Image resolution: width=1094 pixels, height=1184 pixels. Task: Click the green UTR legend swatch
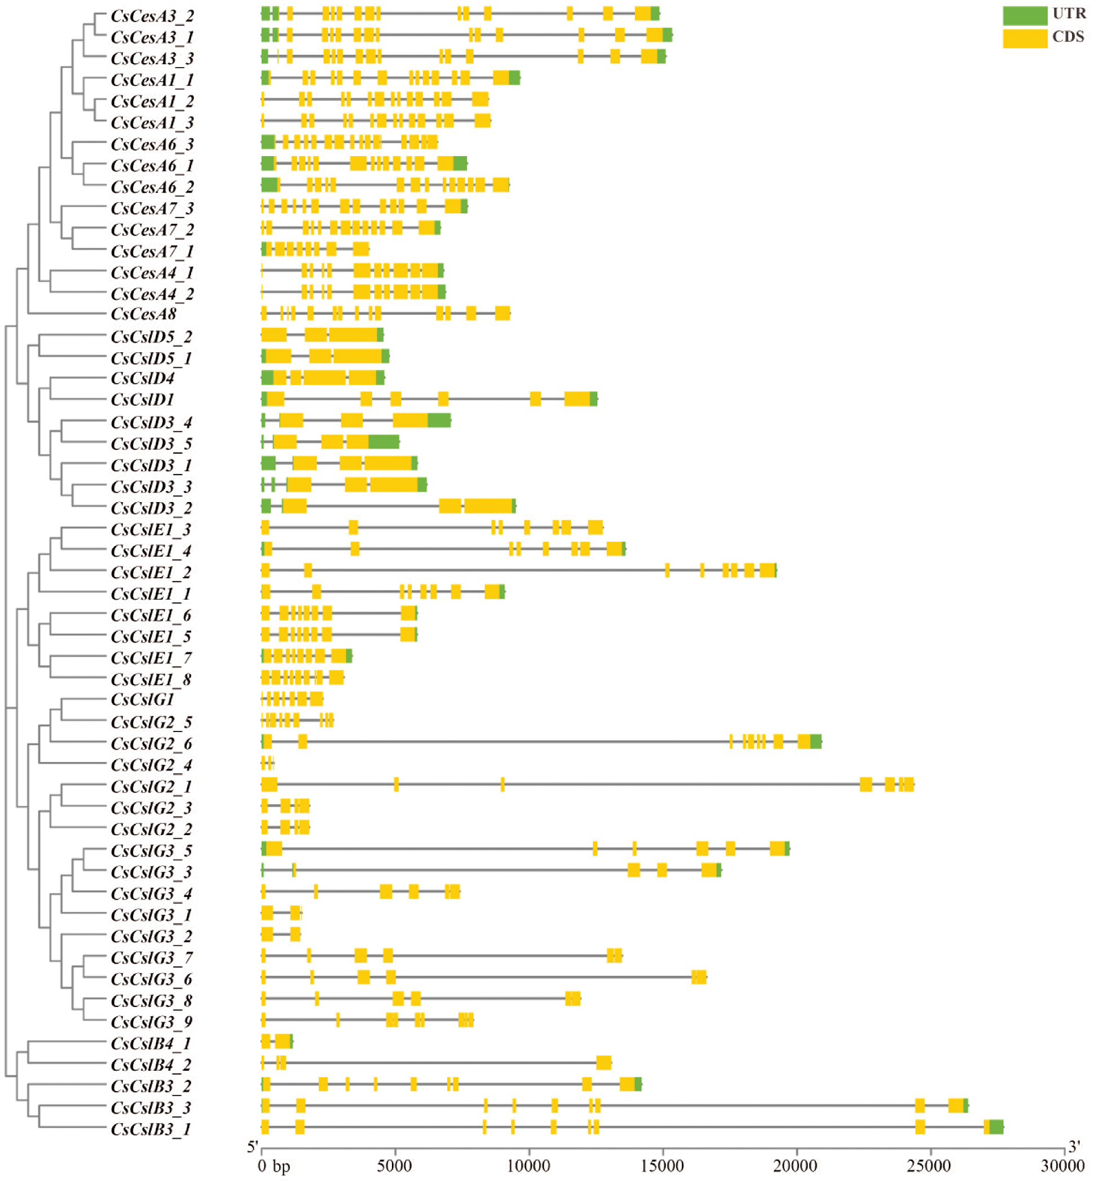(1025, 15)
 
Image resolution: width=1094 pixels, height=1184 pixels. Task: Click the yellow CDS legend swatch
(1025, 38)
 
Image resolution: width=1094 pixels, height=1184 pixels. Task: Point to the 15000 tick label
(662, 1165)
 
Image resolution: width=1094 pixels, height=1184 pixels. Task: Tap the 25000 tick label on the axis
(929, 1165)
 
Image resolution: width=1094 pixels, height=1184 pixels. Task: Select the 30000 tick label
(1062, 1165)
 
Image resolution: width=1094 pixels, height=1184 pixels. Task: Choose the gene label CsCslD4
(143, 378)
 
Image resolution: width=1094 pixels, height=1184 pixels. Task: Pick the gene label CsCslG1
(143, 699)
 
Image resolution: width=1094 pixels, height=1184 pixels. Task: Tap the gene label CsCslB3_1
(151, 1129)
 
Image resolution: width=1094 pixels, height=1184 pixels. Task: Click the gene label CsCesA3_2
(152, 16)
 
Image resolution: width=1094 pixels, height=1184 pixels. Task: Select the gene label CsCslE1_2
(151, 572)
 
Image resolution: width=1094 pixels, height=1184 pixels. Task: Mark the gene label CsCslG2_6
(152, 743)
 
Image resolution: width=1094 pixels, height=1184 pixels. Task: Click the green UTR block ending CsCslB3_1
(996, 1127)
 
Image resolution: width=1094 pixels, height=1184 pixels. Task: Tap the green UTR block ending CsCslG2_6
(816, 742)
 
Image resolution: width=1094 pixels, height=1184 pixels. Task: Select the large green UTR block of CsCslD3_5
(383, 442)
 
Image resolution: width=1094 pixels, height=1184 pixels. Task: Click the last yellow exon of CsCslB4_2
(604, 1063)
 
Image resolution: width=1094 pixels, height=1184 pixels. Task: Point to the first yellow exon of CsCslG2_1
(270, 784)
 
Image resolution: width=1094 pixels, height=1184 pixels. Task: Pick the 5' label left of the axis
(253, 1147)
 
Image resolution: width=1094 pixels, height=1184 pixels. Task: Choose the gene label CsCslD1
(143, 400)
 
